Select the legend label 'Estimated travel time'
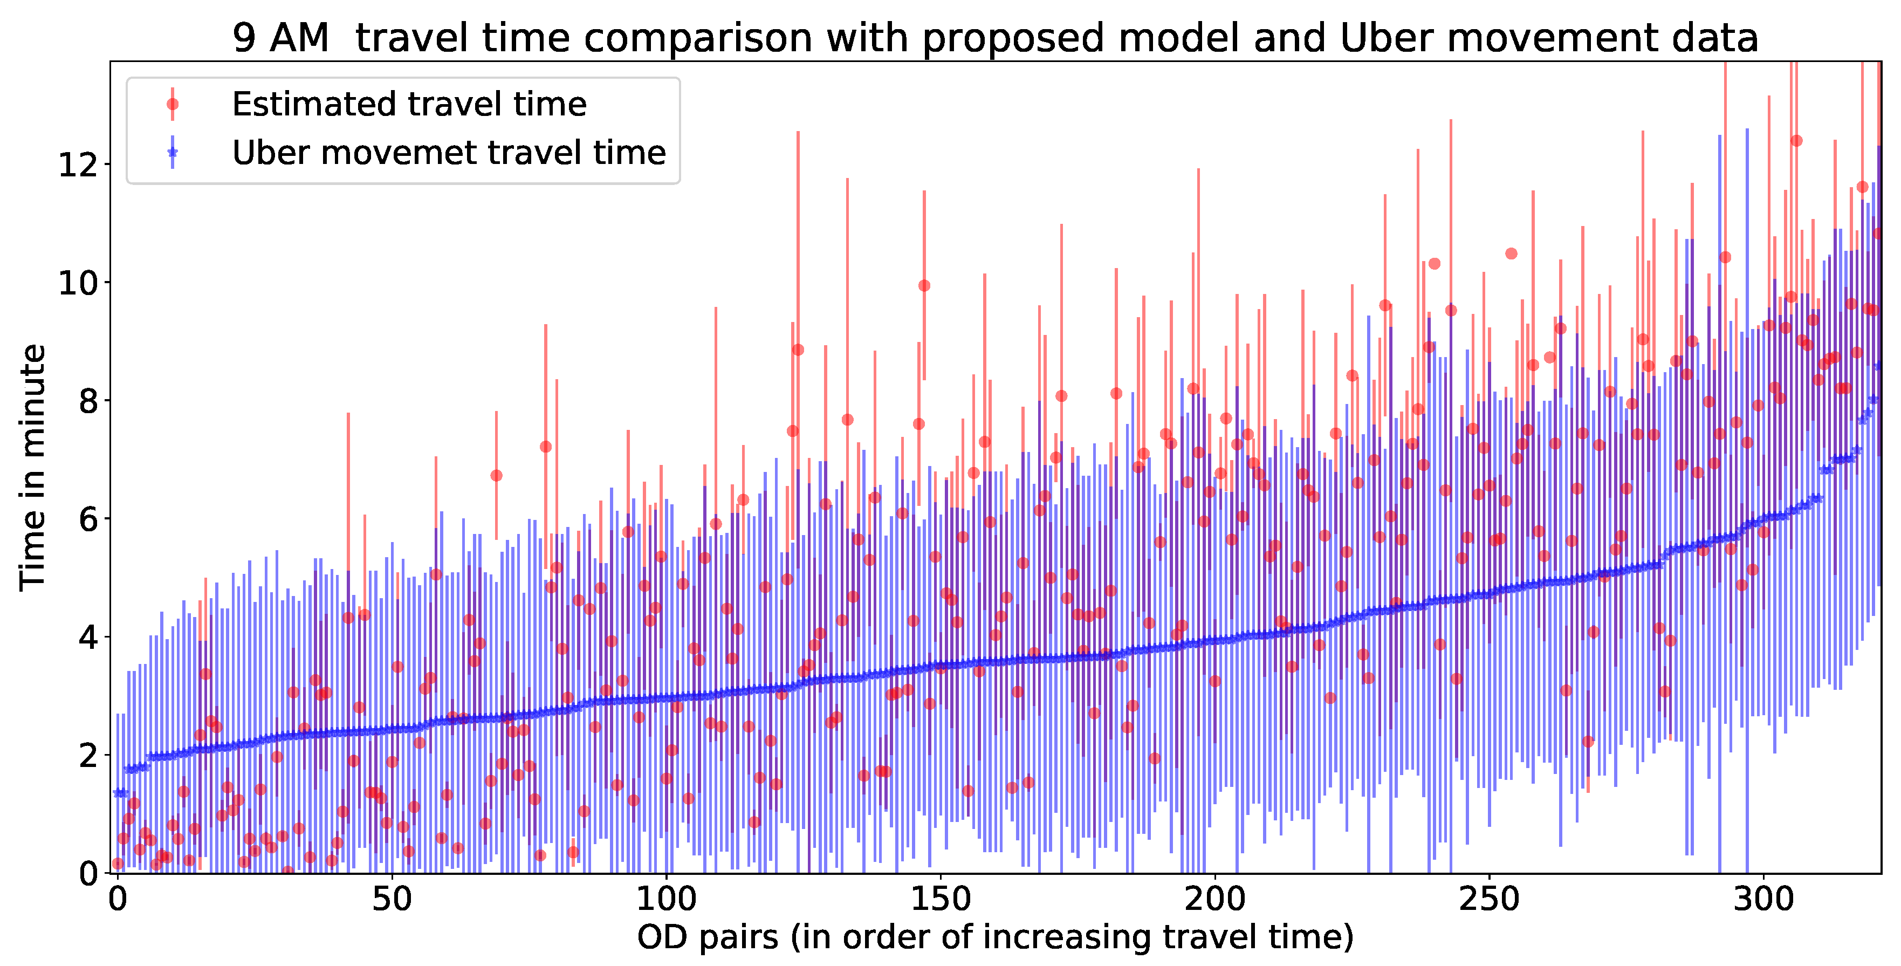click(x=409, y=104)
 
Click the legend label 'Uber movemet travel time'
click(x=449, y=153)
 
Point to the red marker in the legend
click(x=173, y=104)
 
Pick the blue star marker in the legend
click(x=173, y=153)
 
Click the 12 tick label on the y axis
click(x=78, y=164)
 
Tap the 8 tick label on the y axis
click(x=87, y=401)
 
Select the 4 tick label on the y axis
click(x=87, y=637)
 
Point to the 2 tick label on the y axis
click(x=87, y=755)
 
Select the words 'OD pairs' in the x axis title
click(x=707, y=937)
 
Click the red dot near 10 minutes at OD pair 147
click(x=924, y=286)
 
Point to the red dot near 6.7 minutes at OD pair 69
click(x=496, y=475)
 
